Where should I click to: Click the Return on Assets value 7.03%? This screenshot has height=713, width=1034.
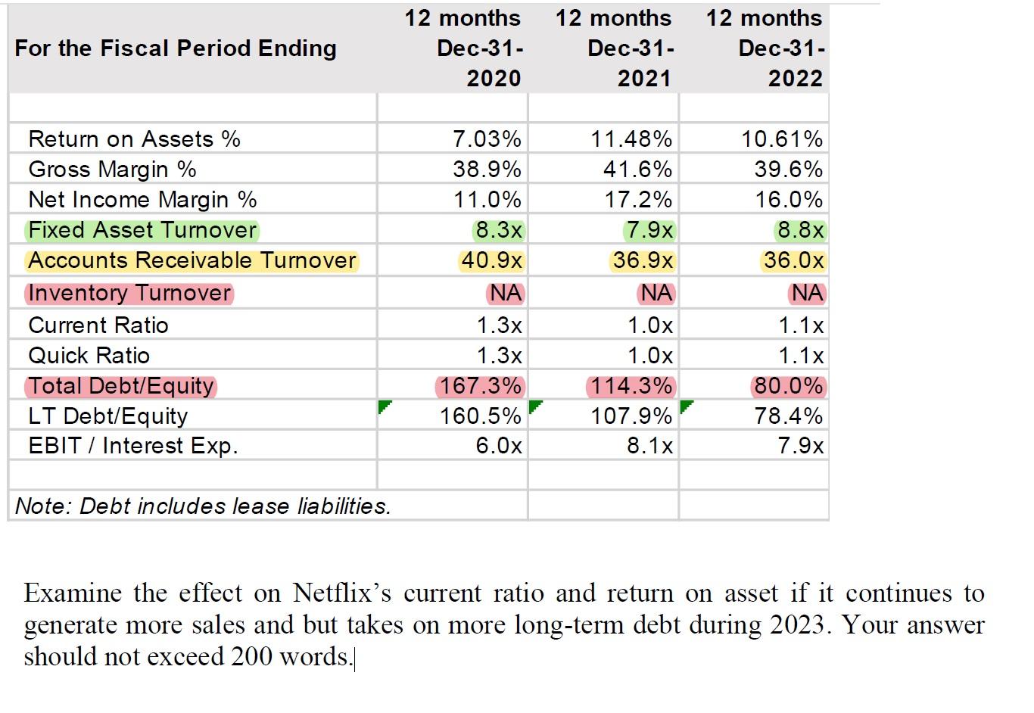[487, 139]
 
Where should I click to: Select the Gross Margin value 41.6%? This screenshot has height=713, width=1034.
[637, 170]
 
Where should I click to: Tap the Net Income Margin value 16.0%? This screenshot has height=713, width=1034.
[788, 200]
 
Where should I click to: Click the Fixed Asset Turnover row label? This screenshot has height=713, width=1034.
[142, 230]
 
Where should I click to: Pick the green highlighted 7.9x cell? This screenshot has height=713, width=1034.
[649, 230]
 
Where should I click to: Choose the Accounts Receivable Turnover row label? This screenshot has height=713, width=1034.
[192, 260]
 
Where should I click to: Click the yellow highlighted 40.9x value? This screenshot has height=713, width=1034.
[491, 260]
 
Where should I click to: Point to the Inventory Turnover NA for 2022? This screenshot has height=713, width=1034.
[807, 293]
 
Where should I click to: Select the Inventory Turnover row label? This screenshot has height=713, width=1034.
[129, 293]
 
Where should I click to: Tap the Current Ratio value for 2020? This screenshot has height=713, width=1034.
[499, 325]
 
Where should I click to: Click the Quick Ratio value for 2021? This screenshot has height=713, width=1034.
[649, 356]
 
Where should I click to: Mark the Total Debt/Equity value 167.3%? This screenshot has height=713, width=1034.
[480, 386]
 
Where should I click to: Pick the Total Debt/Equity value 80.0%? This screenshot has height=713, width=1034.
[788, 386]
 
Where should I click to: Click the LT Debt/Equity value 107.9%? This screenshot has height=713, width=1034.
[631, 416]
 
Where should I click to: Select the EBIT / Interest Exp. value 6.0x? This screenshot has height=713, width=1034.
[498, 446]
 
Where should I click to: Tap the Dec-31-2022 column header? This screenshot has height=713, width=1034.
[780, 48]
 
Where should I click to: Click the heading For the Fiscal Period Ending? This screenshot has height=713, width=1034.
[176, 48]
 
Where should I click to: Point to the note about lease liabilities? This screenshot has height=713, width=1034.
[203, 506]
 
